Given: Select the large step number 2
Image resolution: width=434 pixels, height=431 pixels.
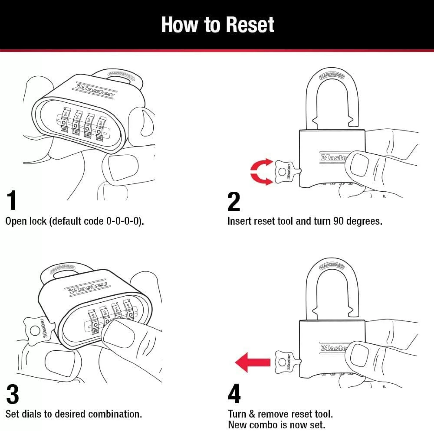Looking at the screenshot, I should pos(234,202).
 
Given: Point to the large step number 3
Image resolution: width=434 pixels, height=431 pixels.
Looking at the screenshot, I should pos(12,394).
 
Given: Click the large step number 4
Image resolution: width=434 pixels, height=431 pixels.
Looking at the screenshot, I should pos(234,394).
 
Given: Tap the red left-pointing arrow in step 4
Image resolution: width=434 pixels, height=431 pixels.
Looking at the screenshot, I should pos(253,362).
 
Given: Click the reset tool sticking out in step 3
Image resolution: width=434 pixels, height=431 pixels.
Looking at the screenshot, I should pos(38,329).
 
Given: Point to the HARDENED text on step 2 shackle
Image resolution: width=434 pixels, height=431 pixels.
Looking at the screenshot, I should pos(332,76).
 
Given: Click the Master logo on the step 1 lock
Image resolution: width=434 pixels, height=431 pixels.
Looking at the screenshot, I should pos(95,89).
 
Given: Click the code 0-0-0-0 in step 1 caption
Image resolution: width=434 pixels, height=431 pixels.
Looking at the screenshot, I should pos(124,221).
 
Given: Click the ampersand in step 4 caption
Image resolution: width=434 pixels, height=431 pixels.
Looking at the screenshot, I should pos(252,414).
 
